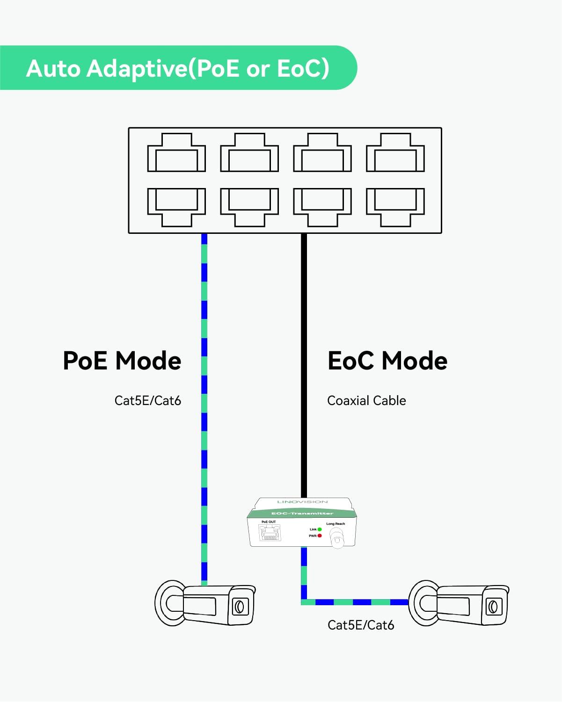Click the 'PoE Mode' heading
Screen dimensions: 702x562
point(122,361)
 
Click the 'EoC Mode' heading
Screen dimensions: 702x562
point(387,361)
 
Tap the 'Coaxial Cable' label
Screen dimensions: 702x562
point(366,401)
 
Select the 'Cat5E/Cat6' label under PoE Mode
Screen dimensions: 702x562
point(147,401)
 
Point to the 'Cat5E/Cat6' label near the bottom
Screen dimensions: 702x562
point(361,625)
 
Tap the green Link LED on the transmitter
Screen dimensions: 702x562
point(320,529)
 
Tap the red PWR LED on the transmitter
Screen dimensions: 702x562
point(320,536)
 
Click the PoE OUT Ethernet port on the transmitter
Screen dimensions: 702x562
point(270,533)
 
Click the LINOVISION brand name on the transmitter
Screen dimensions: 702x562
point(303,502)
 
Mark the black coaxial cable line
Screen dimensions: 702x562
point(304,365)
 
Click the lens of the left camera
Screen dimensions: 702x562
point(239,607)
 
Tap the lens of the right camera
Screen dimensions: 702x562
point(493,607)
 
